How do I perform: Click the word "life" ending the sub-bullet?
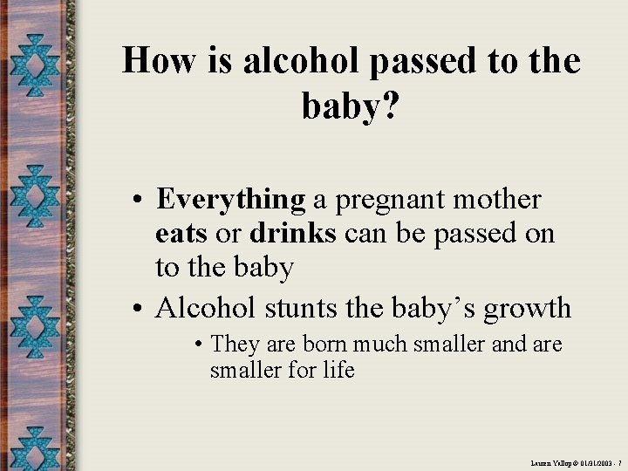click(x=337, y=370)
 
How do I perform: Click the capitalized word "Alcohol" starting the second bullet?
click(x=205, y=308)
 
